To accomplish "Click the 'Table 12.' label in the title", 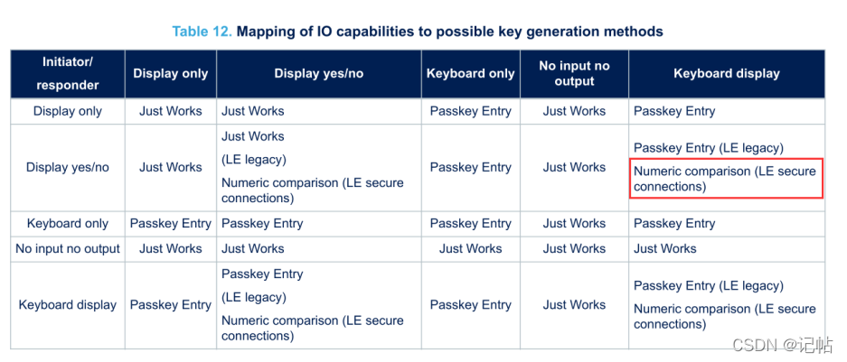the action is (202, 32).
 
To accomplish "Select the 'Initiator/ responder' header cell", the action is (68, 74).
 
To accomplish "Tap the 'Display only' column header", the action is (171, 74).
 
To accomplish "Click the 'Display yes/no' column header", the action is (319, 74).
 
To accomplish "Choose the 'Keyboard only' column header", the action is (470, 74).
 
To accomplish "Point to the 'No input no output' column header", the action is (574, 74).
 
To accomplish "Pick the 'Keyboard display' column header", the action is (727, 74).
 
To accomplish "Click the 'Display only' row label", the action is (68, 112).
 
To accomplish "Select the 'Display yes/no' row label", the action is (68, 168).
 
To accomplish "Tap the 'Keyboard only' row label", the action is (68, 224).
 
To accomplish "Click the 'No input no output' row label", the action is (68, 249).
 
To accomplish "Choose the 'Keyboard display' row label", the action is (68, 305).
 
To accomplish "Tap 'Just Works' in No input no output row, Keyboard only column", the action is (470, 249).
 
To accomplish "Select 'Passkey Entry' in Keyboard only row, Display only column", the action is (171, 224).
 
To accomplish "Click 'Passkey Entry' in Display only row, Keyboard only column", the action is (470, 112).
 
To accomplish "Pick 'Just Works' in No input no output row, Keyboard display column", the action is (665, 249).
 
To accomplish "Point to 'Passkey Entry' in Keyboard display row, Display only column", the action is (171, 305).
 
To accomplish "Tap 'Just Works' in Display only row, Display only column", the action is (171, 112).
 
